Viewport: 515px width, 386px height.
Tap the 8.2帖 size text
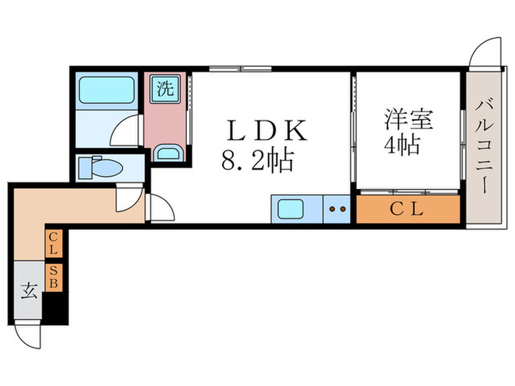pyautogui.click(x=257, y=160)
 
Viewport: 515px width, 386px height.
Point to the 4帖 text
pyautogui.click(x=401, y=144)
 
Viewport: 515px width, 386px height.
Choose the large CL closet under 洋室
pyautogui.click(x=408, y=210)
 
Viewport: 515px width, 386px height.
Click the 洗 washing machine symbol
pyautogui.click(x=166, y=89)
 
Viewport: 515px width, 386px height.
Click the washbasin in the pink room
pyautogui.click(x=168, y=153)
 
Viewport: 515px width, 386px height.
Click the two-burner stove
pyautogui.click(x=338, y=210)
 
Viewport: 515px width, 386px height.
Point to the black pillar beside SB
pyautogui.click(x=55, y=307)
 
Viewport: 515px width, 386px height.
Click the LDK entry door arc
pyautogui.click(x=162, y=207)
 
